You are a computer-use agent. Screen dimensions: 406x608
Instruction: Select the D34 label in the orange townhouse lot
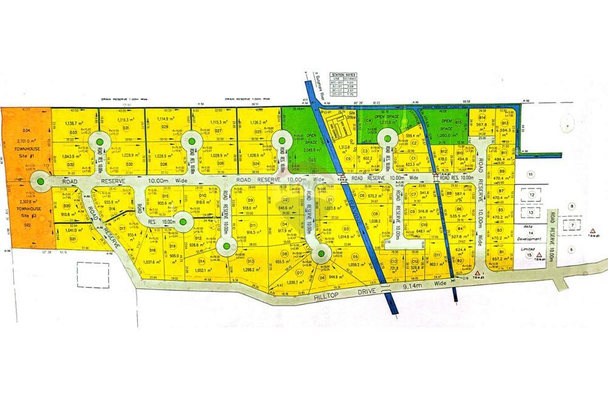coord(26,130)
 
